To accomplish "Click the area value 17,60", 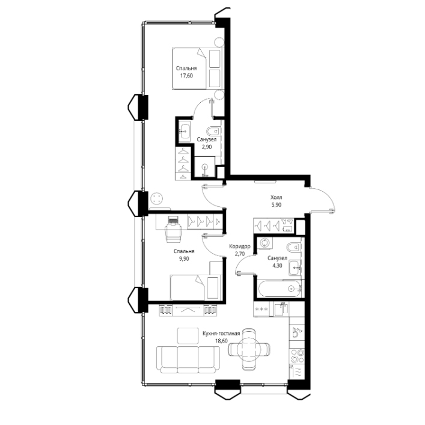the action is tap(186, 76).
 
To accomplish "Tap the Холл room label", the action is tap(276, 197).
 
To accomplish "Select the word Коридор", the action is tap(240, 246).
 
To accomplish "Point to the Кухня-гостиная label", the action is tap(221, 333).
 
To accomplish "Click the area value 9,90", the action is tap(184, 258).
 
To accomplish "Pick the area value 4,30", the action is tap(277, 266).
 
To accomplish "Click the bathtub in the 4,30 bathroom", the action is tap(279, 289).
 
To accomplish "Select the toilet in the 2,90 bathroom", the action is tap(213, 132).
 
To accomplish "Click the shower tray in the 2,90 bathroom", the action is tap(205, 167).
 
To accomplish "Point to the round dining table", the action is tap(249, 349).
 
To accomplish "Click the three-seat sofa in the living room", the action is tap(188, 359).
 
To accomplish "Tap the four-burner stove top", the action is tap(297, 356).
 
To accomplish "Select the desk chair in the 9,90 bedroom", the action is tap(174, 233).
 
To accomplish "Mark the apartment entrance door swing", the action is tap(324, 198).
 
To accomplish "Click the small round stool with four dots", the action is tap(157, 198).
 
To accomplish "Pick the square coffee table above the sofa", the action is tap(188, 336).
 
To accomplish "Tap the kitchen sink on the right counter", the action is tap(297, 332).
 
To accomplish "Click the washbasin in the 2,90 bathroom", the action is tap(185, 131).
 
